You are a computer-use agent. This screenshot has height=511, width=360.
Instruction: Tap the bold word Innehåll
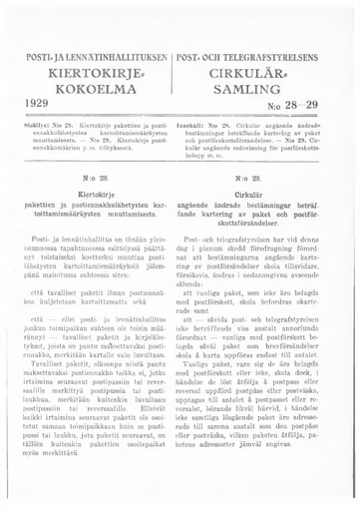click(x=203, y=125)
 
